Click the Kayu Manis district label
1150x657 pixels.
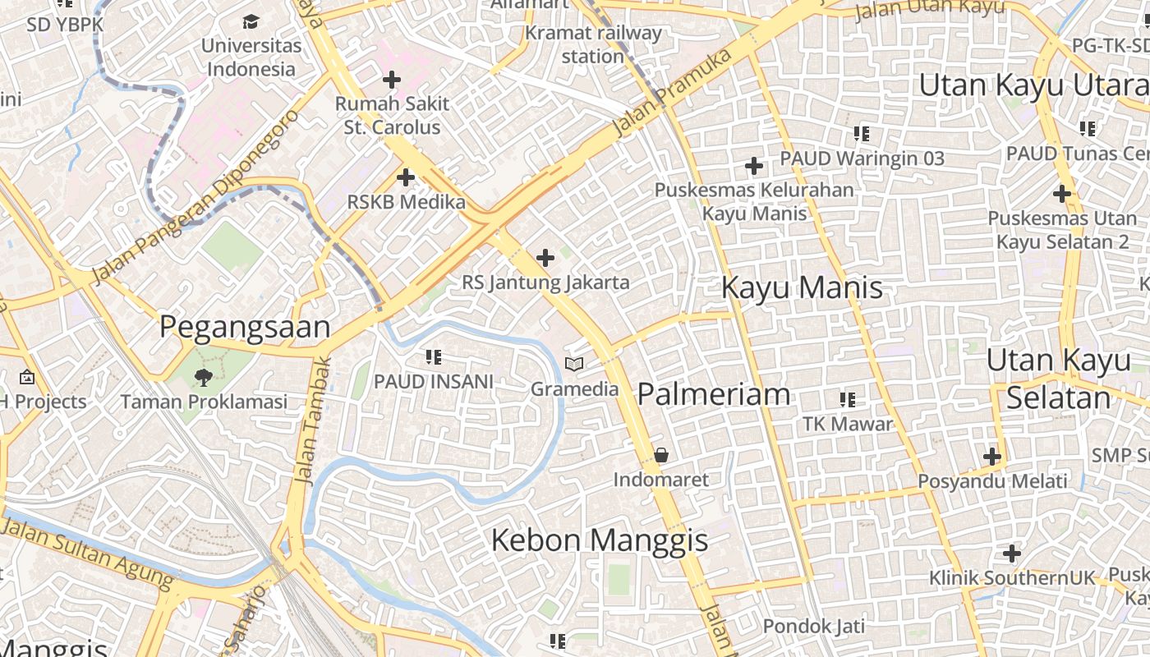(x=802, y=288)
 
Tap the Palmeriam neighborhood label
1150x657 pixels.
(x=713, y=394)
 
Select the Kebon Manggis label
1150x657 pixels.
(x=600, y=540)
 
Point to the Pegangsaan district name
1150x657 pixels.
(x=245, y=327)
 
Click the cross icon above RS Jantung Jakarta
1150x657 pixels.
(x=545, y=258)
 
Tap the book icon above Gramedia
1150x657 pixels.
(x=574, y=364)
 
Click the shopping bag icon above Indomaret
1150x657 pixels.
(x=660, y=455)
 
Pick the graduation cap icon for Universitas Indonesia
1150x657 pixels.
(x=251, y=21)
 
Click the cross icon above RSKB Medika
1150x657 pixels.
(x=405, y=177)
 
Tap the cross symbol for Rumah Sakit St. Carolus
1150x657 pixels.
(x=392, y=80)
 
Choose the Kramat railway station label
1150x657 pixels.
(x=593, y=44)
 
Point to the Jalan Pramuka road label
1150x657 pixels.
(x=672, y=93)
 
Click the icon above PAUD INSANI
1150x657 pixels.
(x=434, y=356)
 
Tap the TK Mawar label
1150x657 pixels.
(x=848, y=424)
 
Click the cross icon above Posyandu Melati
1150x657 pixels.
(x=992, y=456)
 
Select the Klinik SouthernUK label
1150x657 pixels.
(x=1012, y=578)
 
